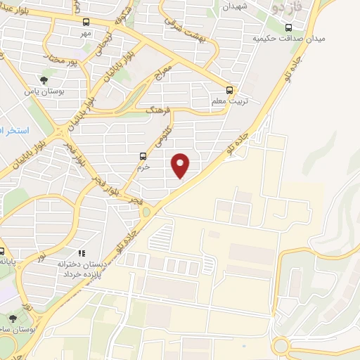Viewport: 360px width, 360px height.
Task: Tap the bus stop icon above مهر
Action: (x=86, y=22)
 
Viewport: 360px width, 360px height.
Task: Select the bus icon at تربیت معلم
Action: (x=230, y=90)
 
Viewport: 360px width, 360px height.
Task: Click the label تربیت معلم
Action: (x=228, y=102)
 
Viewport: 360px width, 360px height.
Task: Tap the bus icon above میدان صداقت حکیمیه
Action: (x=289, y=27)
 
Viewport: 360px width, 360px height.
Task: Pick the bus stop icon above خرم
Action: (x=143, y=157)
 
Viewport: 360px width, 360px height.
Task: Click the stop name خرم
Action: (x=143, y=167)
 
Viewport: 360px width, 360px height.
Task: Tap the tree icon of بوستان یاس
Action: (x=44, y=81)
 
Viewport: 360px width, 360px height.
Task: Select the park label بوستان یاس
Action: (x=40, y=91)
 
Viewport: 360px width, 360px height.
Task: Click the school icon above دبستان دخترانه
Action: (x=82, y=253)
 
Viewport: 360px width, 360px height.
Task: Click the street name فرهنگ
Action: (x=158, y=111)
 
